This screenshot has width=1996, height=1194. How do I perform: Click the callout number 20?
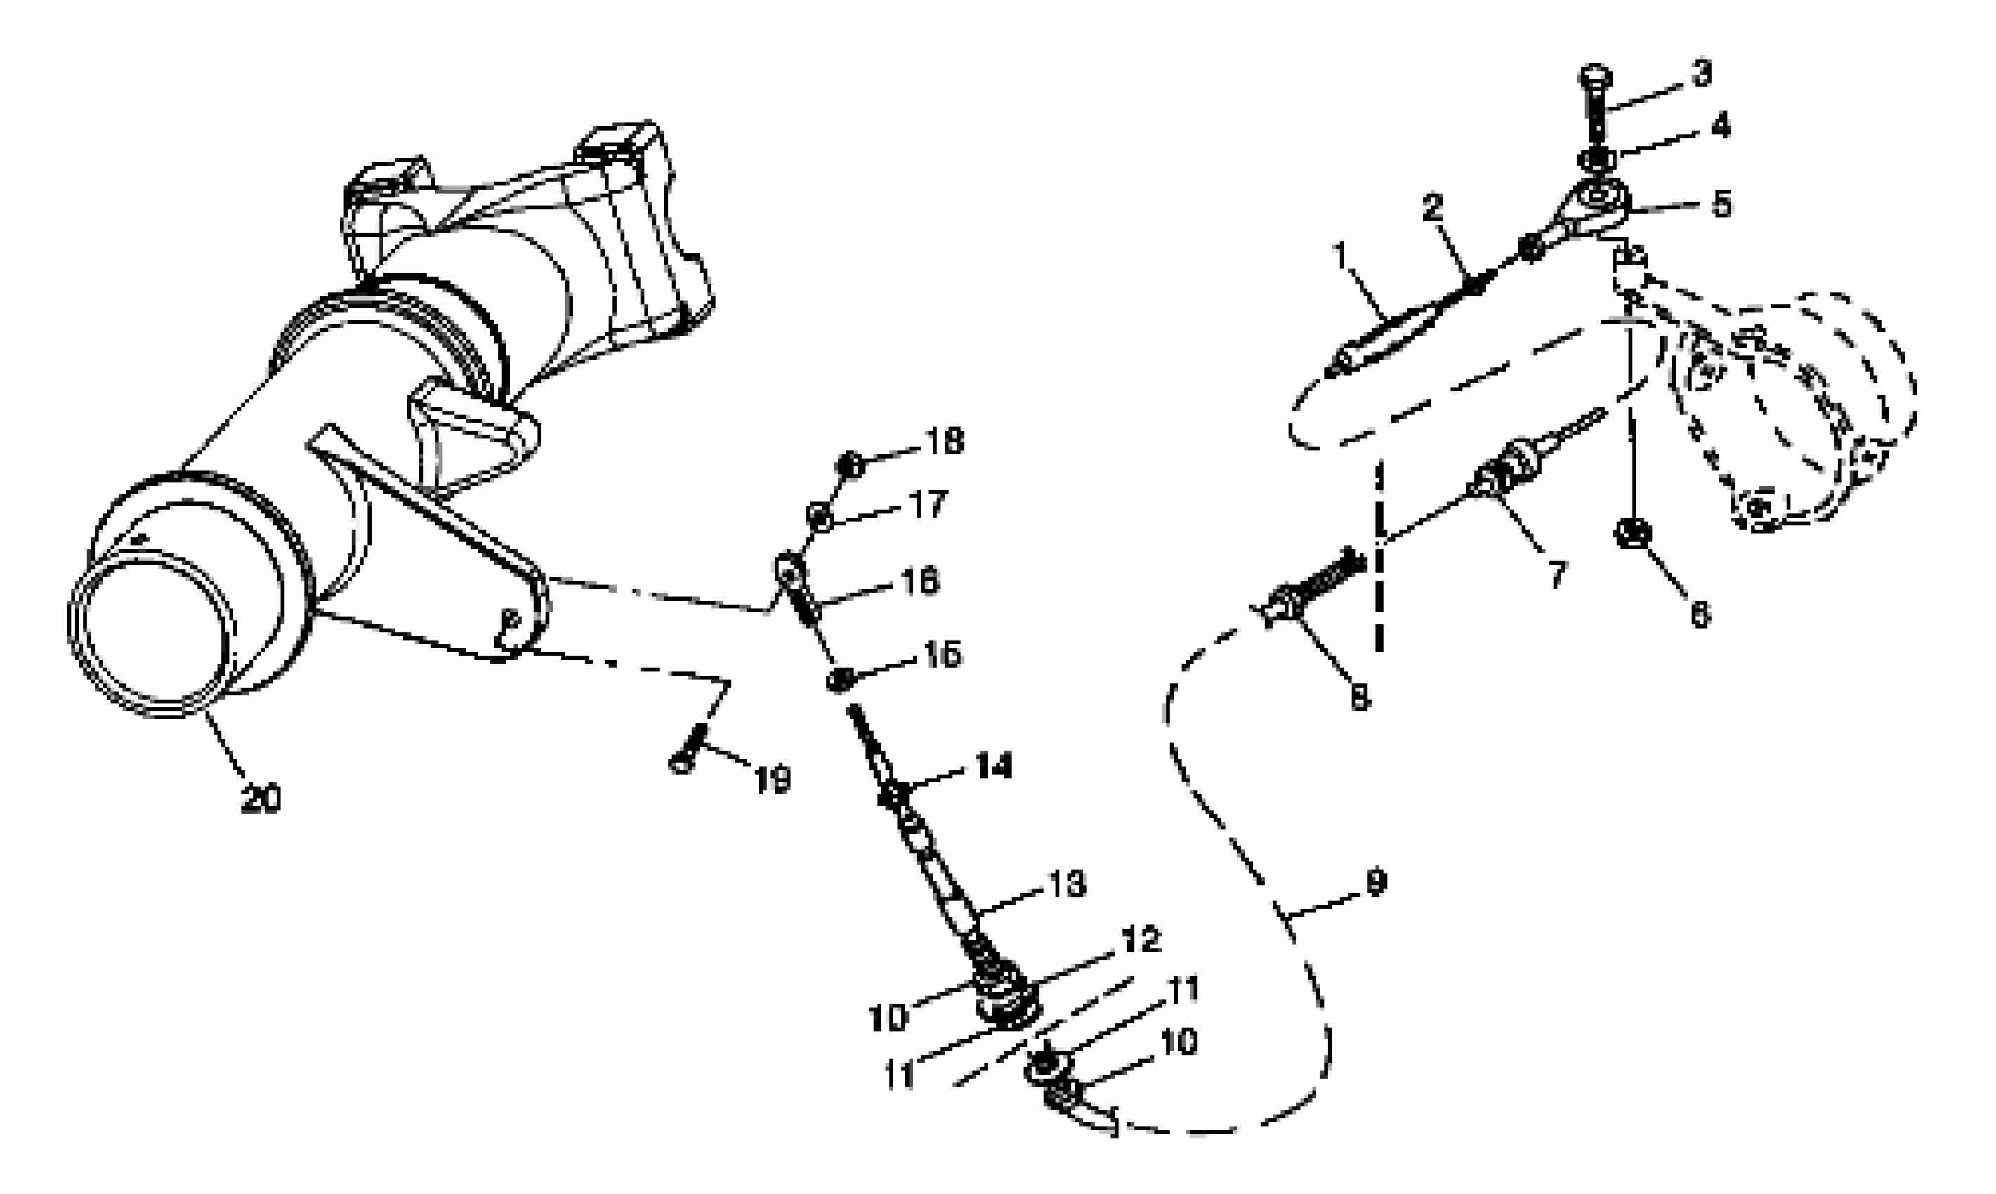pyautogui.click(x=261, y=799)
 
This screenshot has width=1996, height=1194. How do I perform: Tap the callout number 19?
pyautogui.click(x=773, y=779)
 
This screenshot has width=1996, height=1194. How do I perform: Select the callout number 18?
pyautogui.click(x=945, y=442)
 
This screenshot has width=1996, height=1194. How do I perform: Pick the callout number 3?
pyautogui.click(x=1700, y=73)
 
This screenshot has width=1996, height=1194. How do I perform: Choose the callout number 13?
pyautogui.click(x=1067, y=884)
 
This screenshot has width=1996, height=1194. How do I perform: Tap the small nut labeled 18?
pyautogui.click(x=850, y=465)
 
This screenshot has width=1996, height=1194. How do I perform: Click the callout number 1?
pyautogui.click(x=1339, y=256)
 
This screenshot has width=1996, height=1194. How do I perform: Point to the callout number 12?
pyautogui.click(x=1140, y=939)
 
